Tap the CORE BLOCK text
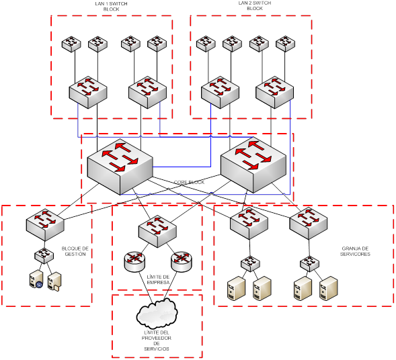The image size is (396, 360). (x=190, y=182)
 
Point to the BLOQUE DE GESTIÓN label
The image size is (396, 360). (x=75, y=251)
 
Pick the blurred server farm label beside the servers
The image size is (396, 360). (x=356, y=251)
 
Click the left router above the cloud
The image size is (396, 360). (x=135, y=262)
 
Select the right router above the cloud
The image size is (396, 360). (x=181, y=262)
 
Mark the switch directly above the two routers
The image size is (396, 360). (x=158, y=229)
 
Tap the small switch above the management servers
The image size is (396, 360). (x=44, y=255)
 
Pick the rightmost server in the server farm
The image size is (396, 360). (x=329, y=289)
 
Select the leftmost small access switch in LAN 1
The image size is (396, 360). (x=71, y=44)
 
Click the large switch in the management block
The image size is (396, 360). (x=44, y=224)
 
